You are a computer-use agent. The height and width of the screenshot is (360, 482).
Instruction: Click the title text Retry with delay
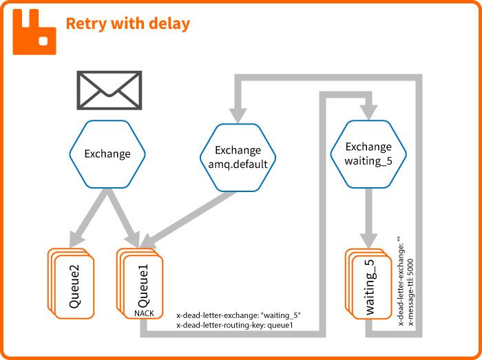pos(127,23)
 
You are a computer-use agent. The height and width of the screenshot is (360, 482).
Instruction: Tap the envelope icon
pos(109,90)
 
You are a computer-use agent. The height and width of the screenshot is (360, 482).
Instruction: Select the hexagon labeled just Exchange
pos(107,154)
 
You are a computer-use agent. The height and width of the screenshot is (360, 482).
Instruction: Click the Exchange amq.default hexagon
pos(238,157)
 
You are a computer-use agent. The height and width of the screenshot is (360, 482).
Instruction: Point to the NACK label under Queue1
pos(144,313)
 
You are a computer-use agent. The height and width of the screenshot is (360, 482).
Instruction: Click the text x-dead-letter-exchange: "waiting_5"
pos(239,315)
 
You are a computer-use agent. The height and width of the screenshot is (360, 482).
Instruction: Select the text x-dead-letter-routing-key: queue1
pos(235,325)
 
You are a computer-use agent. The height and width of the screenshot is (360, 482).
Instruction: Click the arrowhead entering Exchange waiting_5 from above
pos(368,109)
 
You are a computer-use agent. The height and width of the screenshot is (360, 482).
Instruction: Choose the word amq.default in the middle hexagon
pos(238,164)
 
